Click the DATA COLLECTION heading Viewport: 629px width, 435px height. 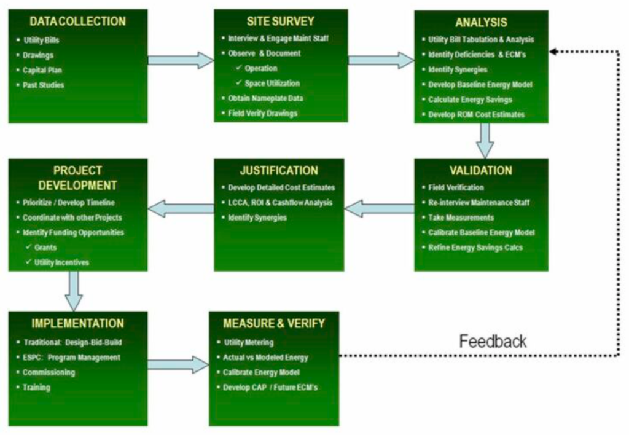click(77, 22)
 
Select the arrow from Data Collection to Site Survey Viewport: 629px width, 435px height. click(181, 60)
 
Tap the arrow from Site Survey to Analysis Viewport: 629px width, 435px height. click(381, 60)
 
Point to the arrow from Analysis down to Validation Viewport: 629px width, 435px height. click(485, 140)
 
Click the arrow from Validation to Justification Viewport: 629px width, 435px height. click(380, 209)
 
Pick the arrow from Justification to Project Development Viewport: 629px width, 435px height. click(181, 209)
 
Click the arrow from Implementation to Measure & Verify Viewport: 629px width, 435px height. click(178, 364)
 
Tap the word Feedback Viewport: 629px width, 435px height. click(493, 342)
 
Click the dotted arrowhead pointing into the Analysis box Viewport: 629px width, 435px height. click(553, 52)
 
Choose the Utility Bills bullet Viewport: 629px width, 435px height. click(41, 41)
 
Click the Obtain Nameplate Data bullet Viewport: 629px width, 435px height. click(265, 98)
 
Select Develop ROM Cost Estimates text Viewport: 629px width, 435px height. click(476, 114)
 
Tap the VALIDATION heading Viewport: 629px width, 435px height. click(480, 170)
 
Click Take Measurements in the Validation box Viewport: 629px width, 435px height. click(461, 217)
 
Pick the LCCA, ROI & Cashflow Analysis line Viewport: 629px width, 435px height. click(279, 203)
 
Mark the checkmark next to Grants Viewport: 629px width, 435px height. click(28, 248)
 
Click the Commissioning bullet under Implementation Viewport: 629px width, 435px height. click(49, 372)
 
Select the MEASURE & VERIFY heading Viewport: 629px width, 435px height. click(274, 323)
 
